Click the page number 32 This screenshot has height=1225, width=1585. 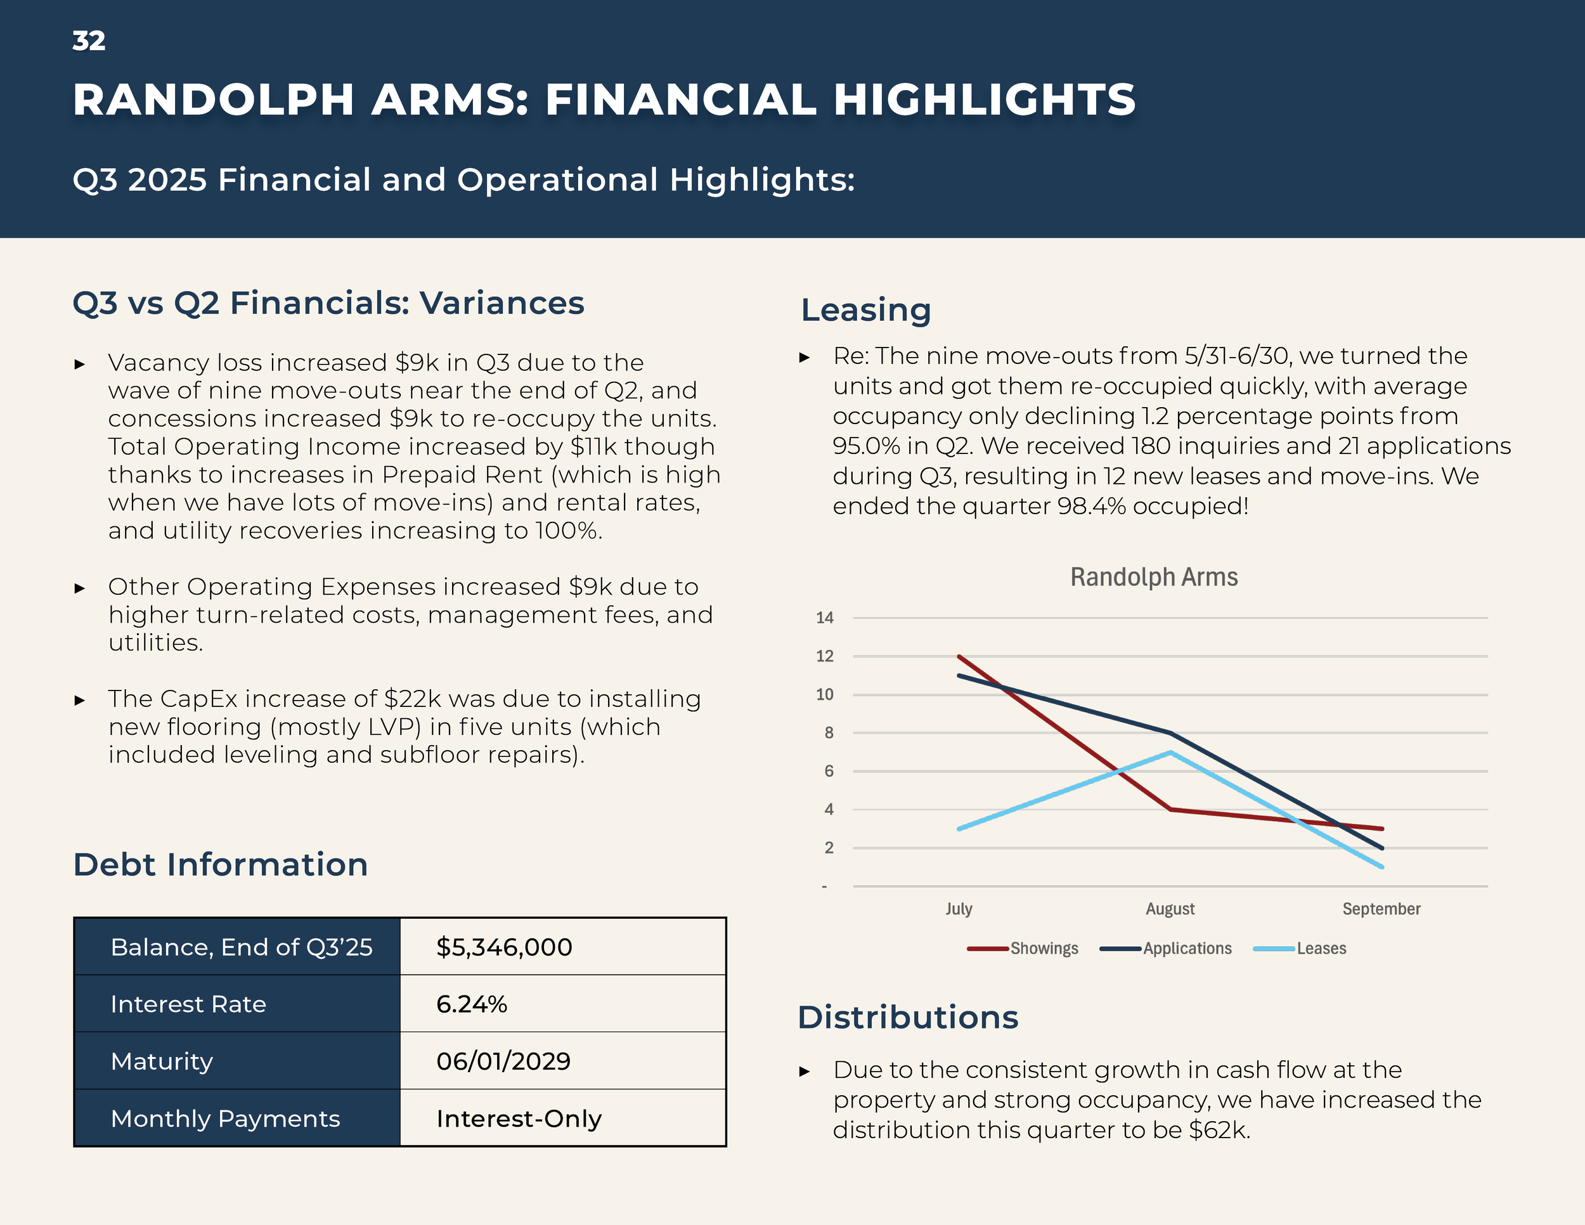pos(89,41)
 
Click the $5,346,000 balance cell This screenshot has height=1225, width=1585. pos(503,947)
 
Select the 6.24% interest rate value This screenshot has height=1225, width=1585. pos(471,1004)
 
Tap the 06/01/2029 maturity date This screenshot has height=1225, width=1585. pos(503,1061)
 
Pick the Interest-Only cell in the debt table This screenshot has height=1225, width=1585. pos(518,1119)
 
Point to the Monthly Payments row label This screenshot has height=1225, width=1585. pos(225,1119)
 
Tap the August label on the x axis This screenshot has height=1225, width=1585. pos(1170,909)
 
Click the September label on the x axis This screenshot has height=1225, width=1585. pos(1381,909)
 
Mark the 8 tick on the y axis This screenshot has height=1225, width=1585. pos(829,733)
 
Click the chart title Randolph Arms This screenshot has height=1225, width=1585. pos(1154,578)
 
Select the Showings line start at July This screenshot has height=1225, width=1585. pos(959,657)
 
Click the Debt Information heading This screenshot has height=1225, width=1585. pos(221,865)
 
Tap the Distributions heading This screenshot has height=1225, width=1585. pos(908,1018)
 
